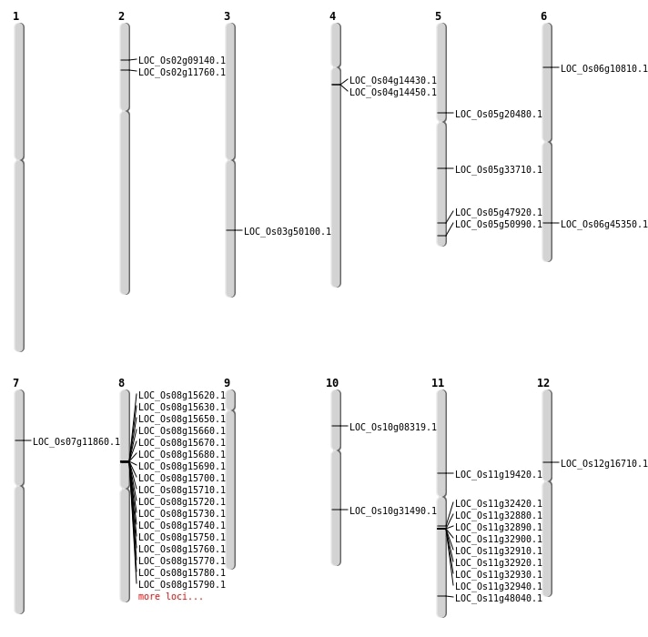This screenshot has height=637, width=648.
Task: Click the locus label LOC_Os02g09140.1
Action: [182, 60]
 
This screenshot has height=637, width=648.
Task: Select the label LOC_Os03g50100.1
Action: [288, 231]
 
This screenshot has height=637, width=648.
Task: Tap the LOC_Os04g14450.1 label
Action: [393, 92]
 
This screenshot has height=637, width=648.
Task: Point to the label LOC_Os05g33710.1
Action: [499, 169]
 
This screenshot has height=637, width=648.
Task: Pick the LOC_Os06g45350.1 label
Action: [604, 224]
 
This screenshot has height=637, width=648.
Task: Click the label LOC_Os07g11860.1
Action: [76, 441]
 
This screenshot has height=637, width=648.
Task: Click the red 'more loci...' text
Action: [171, 597]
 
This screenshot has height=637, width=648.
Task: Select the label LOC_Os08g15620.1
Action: [182, 395]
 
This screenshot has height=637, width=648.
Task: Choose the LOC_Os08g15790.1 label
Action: [182, 584]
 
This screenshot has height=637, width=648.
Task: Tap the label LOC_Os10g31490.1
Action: [393, 511]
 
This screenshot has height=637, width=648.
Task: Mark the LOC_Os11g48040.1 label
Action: [499, 598]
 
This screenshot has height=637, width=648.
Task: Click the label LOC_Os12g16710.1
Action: [604, 463]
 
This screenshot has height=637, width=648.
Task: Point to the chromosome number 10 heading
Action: [332, 383]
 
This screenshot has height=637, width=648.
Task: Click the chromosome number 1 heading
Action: [15, 16]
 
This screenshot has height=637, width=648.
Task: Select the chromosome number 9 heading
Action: [227, 383]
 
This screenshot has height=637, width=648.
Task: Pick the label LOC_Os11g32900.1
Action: [499, 539]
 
